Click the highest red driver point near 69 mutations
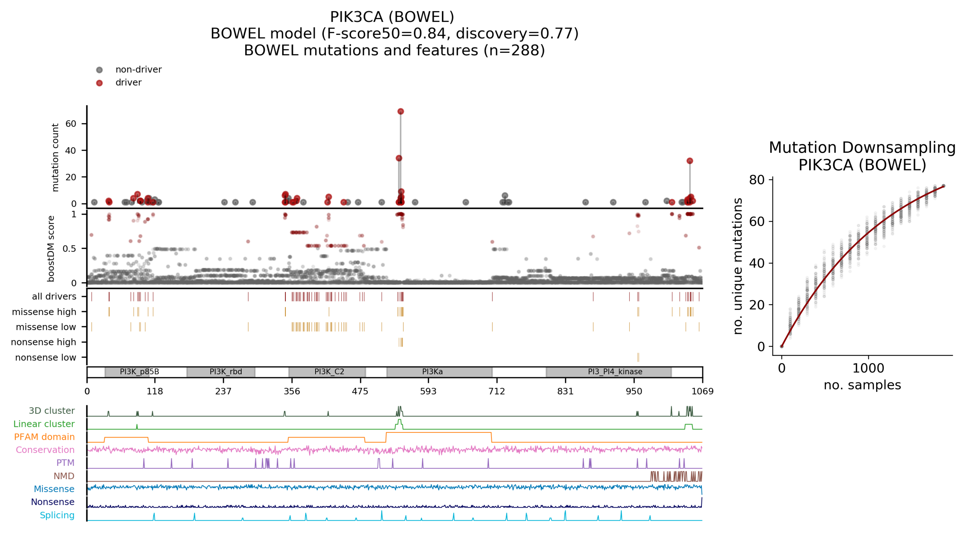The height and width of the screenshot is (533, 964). [x=400, y=112]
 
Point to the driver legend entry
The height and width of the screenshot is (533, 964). [x=128, y=83]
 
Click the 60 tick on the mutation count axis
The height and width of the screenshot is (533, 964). [x=71, y=124]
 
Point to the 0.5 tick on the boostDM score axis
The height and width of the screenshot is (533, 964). [x=69, y=249]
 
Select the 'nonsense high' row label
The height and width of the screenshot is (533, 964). [x=43, y=342]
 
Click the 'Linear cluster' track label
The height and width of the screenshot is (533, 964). [x=44, y=424]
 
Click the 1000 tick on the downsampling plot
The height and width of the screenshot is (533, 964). [x=868, y=368]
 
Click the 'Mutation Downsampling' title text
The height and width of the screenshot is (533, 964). [x=862, y=147]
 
